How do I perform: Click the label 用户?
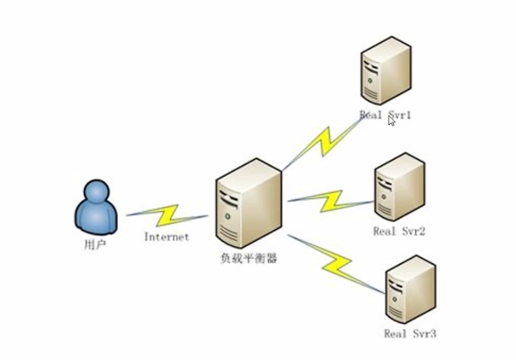(x=90, y=243)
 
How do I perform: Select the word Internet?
(x=166, y=237)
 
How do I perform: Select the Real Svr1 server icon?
(x=385, y=68)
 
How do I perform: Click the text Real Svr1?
(x=385, y=115)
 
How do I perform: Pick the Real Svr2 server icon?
(x=399, y=186)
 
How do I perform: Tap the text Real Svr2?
(x=399, y=232)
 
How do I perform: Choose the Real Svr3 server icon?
(x=410, y=288)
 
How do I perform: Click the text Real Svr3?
(x=410, y=334)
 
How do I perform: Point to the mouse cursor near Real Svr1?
(x=391, y=120)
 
